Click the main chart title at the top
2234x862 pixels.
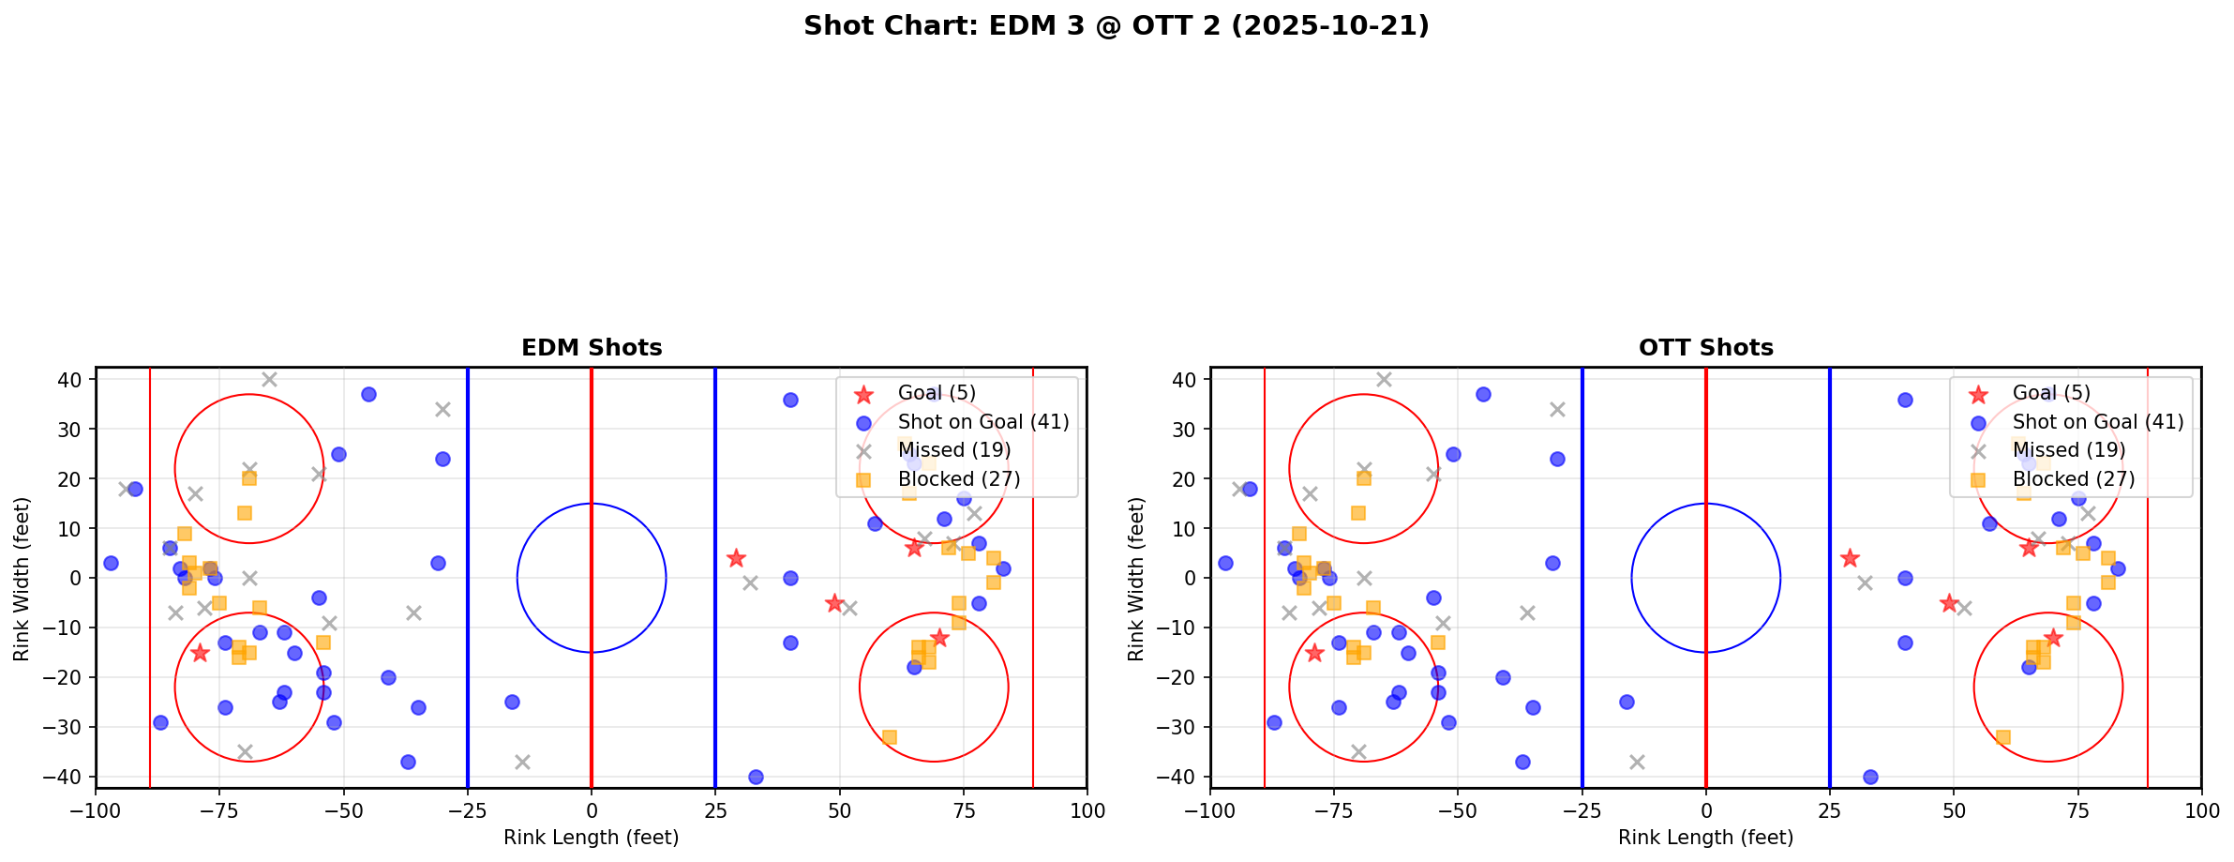[1116, 25]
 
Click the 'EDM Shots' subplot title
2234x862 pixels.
[592, 348]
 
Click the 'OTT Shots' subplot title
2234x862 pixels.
[1705, 348]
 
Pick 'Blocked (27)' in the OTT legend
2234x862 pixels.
[2073, 479]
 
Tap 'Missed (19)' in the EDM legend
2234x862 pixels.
[953, 450]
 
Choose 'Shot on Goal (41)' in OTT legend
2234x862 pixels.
[2097, 422]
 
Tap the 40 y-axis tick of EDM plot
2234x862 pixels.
[72, 380]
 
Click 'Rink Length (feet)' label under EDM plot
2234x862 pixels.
[592, 838]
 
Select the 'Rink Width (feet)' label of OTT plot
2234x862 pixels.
[1136, 578]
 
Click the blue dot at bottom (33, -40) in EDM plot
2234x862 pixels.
[756, 777]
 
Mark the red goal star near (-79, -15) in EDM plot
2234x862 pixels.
[200, 653]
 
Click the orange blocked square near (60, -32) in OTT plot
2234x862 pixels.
[2003, 737]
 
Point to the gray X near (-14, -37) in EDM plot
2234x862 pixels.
[522, 762]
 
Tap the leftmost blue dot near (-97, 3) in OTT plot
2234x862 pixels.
[1225, 563]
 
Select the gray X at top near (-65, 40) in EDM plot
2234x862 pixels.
[269, 380]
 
